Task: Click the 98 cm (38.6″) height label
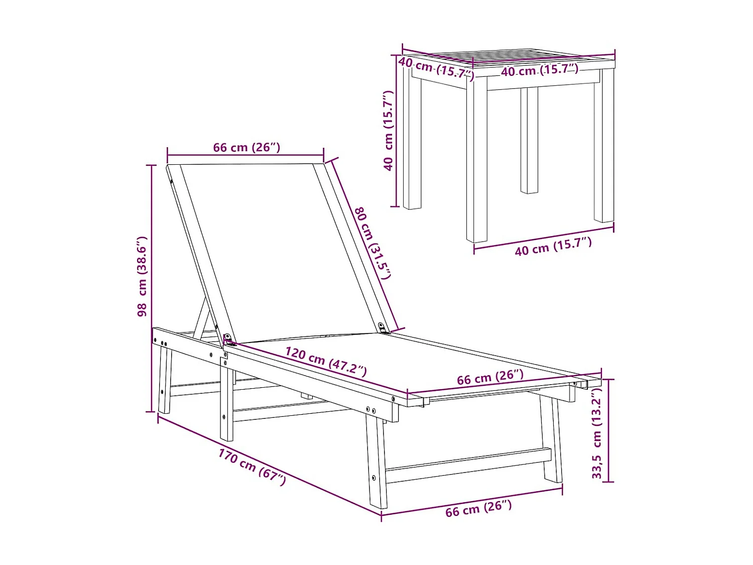[142, 277]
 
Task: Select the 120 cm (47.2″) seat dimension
[326, 361]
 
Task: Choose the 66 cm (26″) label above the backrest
[246, 147]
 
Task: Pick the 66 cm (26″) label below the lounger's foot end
[478, 508]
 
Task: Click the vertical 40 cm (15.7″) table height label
[388, 131]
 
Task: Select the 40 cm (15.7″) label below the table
[553, 246]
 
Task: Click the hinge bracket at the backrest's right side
[383, 328]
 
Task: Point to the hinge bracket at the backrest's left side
[228, 340]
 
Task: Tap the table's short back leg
[529, 140]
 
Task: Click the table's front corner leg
[476, 160]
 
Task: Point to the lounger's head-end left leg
[164, 380]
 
